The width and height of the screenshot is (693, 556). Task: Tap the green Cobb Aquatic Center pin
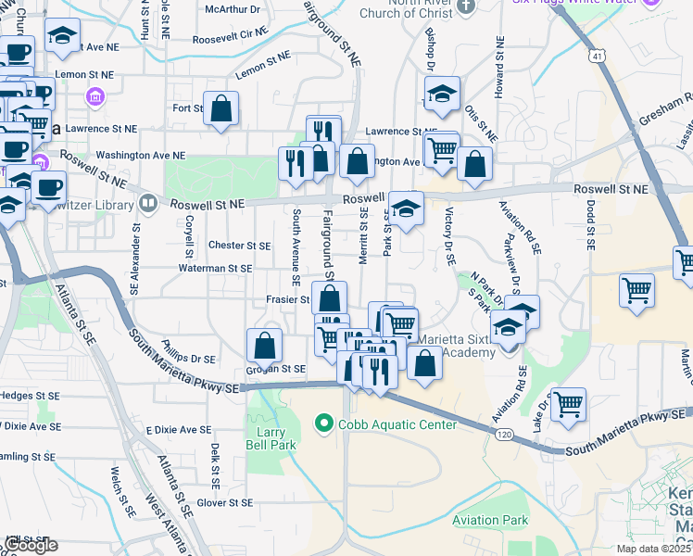click(323, 424)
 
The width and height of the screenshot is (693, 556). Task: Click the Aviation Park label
click(490, 520)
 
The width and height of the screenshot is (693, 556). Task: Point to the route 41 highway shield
click(598, 57)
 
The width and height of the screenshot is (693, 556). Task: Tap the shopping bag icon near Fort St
click(221, 108)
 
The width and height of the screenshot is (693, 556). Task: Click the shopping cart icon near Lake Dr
click(568, 404)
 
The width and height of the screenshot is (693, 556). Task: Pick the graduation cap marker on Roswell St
click(405, 208)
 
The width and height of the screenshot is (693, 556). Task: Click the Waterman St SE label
click(215, 268)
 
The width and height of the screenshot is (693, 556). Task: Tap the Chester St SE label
click(239, 246)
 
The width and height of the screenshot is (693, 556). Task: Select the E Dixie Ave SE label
click(179, 430)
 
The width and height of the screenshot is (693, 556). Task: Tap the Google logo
click(31, 545)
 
